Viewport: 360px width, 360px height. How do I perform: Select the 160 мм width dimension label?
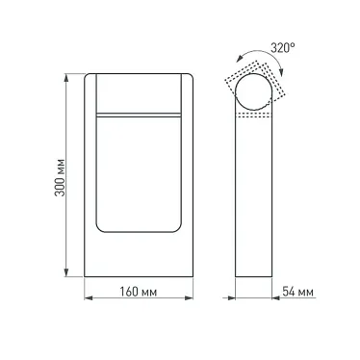(141, 292)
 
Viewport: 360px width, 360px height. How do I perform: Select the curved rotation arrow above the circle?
(261, 61)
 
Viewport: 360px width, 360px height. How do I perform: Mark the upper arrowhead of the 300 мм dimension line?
(65, 75)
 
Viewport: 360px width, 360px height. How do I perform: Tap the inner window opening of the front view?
(141, 173)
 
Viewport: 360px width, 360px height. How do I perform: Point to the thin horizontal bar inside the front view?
(141, 114)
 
